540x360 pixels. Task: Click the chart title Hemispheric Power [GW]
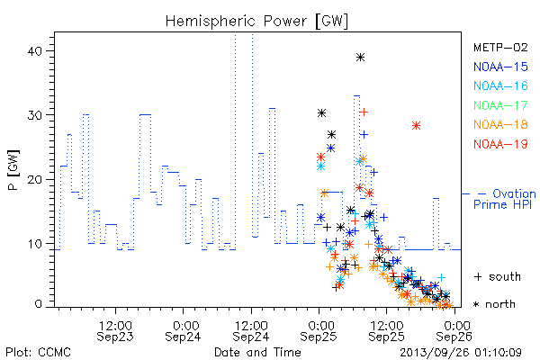(256, 21)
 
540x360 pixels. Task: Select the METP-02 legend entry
(500, 48)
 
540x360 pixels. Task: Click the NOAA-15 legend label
(500, 67)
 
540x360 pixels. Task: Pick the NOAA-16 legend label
(500, 85)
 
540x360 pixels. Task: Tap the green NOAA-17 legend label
(500, 105)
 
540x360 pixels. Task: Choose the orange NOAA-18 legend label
(500, 124)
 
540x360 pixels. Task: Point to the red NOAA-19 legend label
(500, 144)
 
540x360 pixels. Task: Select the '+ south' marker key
(498, 276)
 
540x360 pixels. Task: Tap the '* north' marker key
(494, 304)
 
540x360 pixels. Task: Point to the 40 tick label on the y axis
(35, 51)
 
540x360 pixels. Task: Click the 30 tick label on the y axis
(35, 115)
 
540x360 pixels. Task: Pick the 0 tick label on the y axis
(38, 304)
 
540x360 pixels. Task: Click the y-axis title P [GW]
(13, 170)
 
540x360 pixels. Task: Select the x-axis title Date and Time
(257, 352)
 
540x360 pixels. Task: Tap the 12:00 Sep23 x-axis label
(115, 330)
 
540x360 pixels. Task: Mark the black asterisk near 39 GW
(360, 58)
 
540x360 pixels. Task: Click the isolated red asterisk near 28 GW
(416, 125)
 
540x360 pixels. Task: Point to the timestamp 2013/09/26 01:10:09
(461, 353)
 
